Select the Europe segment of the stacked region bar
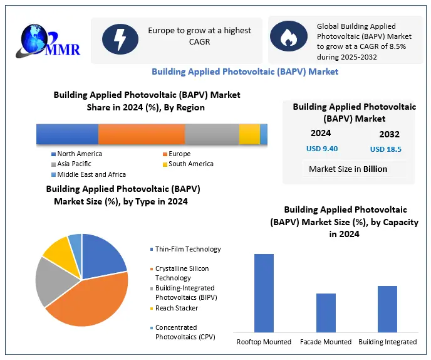[142, 135]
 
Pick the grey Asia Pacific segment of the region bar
[212, 135]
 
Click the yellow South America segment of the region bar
[249, 135]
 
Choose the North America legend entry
[80, 154]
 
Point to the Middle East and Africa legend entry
[91, 174]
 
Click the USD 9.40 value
[322, 149]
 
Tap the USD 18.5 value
[386, 149]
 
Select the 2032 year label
[389, 134]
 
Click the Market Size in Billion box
[348, 169]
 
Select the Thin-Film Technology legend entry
[188, 249]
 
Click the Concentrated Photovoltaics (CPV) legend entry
[185, 332]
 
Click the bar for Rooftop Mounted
[264, 293]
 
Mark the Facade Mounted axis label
[326, 342]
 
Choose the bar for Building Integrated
[387, 309]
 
